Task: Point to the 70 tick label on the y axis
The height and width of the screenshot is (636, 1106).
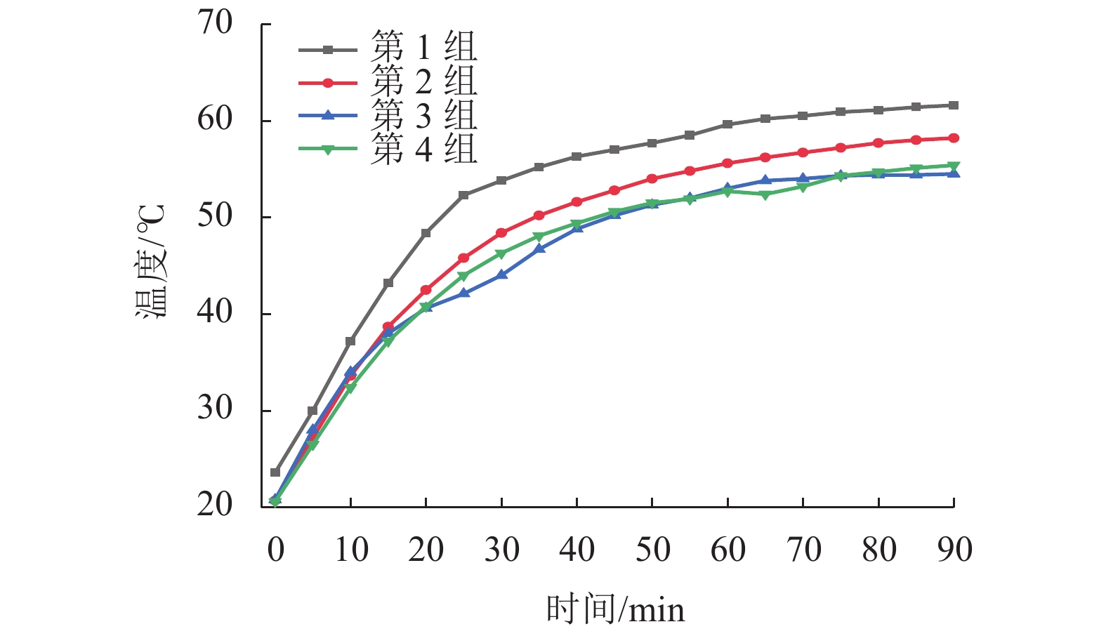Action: click(x=215, y=23)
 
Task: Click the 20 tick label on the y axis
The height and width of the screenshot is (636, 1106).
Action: click(x=215, y=505)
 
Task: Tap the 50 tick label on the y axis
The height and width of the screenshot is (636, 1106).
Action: click(x=215, y=216)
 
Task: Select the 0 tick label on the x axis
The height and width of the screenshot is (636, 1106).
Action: click(x=275, y=550)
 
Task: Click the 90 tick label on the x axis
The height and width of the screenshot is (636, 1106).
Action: click(x=954, y=550)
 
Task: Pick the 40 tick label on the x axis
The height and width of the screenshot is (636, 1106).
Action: click(x=577, y=550)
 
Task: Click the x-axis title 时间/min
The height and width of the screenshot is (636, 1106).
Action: click(x=615, y=609)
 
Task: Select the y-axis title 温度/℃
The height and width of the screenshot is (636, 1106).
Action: click(x=150, y=262)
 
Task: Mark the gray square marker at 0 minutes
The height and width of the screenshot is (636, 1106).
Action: click(x=275, y=472)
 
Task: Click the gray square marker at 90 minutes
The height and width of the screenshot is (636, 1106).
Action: click(x=954, y=105)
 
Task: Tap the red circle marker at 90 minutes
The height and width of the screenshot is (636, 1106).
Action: click(x=954, y=138)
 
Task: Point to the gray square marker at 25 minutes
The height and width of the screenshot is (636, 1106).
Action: click(x=463, y=195)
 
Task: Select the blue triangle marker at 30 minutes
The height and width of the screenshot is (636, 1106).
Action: click(x=501, y=274)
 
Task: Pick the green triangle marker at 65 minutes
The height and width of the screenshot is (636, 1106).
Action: click(x=765, y=194)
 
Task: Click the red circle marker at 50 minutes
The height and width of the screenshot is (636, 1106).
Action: click(x=652, y=179)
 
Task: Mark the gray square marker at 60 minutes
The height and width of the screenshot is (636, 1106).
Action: click(x=728, y=124)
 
